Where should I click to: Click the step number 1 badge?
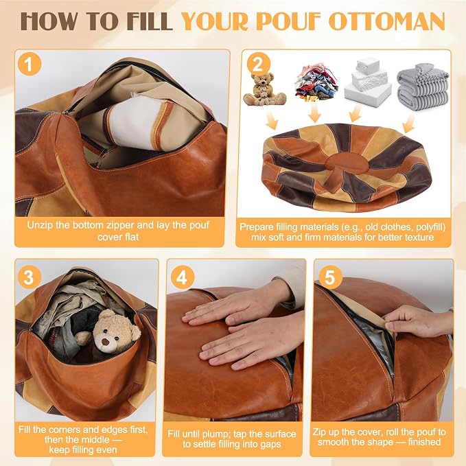pyautogui.click(x=29, y=64)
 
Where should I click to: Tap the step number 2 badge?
pyautogui.click(x=258, y=64)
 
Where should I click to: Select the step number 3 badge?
pyautogui.click(x=29, y=277)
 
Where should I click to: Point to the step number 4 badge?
pyautogui.click(x=182, y=277)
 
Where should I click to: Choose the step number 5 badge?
pyautogui.click(x=331, y=277)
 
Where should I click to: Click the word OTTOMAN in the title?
pyautogui.click(x=386, y=21)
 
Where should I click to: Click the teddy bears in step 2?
pyautogui.click(x=264, y=89)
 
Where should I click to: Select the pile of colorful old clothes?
pyautogui.click(x=316, y=82)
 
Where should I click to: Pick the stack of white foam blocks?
pyautogui.click(x=368, y=82)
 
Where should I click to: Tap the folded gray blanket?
pyautogui.click(x=423, y=86)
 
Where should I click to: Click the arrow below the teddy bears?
pyautogui.click(x=272, y=121)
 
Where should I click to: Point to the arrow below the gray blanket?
pyautogui.click(x=409, y=124)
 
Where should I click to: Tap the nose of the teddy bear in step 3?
pyautogui.click(x=105, y=342)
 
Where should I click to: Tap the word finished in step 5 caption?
pyautogui.click(x=424, y=442)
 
